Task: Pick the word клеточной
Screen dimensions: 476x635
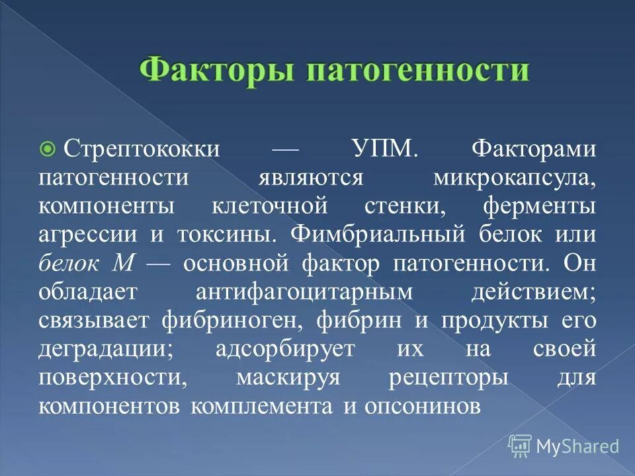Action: [x=270, y=206]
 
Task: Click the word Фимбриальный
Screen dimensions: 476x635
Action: [x=381, y=235]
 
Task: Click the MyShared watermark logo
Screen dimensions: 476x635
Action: [x=564, y=446]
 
